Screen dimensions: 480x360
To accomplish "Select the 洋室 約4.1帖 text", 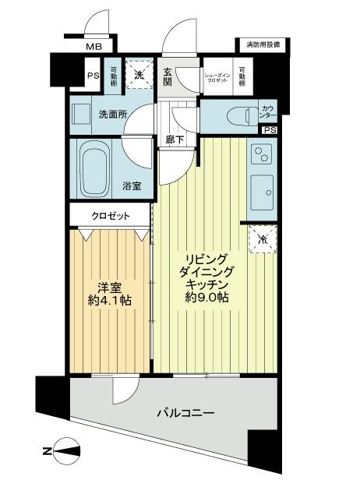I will (108, 291).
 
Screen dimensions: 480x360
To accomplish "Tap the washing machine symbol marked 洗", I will (139, 76).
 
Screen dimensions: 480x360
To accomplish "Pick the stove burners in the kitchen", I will (260, 154).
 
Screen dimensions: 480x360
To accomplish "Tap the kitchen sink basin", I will (261, 188).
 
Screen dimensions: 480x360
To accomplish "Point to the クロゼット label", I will (110, 216).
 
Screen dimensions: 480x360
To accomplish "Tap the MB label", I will (94, 48).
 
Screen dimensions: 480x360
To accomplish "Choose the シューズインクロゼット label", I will (217, 76).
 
